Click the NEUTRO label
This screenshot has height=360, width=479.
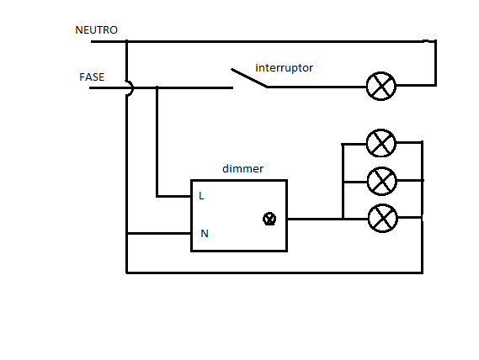(x=96, y=30)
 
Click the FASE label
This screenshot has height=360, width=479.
(x=92, y=77)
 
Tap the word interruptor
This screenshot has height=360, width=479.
(x=284, y=67)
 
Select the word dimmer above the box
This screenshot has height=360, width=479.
(x=242, y=169)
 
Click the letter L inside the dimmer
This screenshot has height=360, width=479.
(x=202, y=196)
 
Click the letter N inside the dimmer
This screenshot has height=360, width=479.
(x=204, y=233)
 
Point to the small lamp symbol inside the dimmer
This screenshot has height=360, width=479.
(x=269, y=219)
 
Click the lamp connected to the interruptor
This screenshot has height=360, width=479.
(x=381, y=87)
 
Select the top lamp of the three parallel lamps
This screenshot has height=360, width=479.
(x=381, y=143)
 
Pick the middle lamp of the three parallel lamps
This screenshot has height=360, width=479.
(x=381, y=180)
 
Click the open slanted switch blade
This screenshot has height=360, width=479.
(x=248, y=78)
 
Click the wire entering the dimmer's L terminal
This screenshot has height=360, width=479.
(x=173, y=197)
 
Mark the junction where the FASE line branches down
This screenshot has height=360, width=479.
(x=157, y=87)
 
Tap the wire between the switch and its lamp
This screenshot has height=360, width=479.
(x=316, y=87)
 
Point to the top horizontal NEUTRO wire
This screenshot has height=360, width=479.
(x=278, y=40)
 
